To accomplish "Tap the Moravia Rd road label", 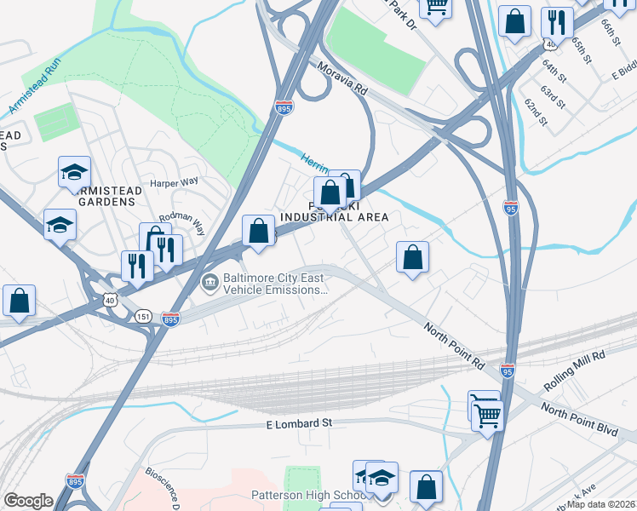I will [342, 78].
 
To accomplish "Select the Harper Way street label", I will [173, 182].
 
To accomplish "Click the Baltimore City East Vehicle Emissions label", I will [275, 284].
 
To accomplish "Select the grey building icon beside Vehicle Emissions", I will [208, 281].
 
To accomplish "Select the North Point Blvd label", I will [578, 421].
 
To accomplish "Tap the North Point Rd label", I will [455, 344].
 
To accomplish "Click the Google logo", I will [29, 501].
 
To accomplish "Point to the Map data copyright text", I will [600, 504].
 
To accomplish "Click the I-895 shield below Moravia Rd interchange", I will [284, 108].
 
